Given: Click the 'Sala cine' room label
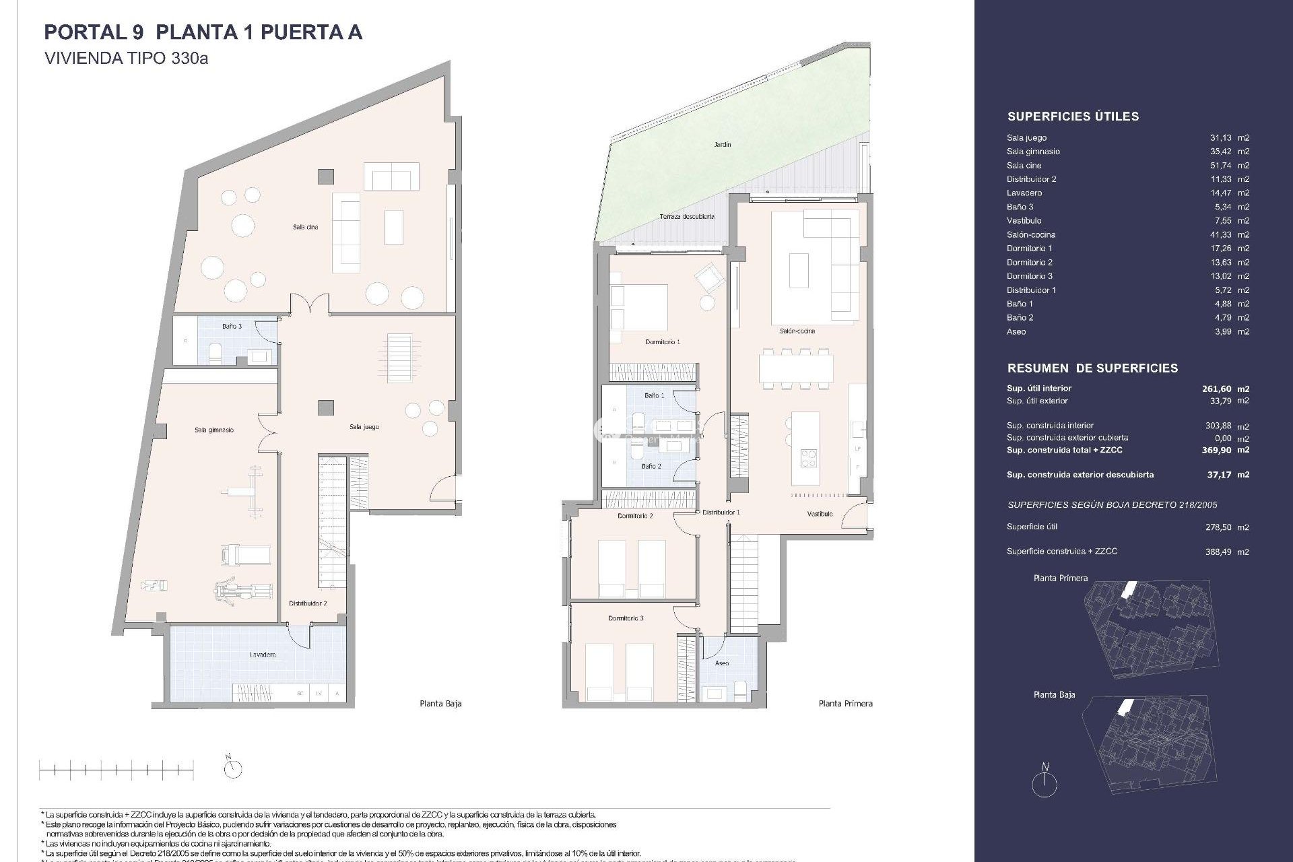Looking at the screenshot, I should click(305, 227).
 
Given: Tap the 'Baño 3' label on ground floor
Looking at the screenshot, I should click(232, 326).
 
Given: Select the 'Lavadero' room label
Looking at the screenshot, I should click(262, 655).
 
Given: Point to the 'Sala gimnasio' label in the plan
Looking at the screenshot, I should click(214, 430).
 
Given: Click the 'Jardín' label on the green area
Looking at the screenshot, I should click(723, 145).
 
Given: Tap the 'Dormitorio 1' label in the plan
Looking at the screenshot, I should click(663, 342).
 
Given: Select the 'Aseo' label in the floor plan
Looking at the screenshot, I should click(722, 663).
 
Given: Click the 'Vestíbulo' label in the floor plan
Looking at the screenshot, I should click(820, 514).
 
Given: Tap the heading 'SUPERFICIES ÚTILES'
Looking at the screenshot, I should click(1073, 117).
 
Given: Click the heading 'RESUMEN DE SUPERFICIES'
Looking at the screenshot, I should click(1092, 368).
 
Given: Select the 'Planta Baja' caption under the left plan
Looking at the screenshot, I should click(440, 704).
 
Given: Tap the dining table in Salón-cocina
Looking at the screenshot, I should click(795, 368).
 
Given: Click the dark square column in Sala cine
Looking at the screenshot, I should click(326, 176).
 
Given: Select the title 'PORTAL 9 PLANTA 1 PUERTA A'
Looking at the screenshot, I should click(203, 32).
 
